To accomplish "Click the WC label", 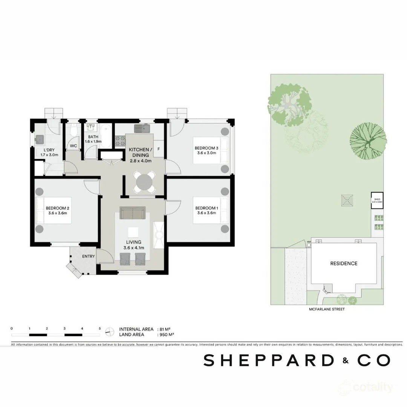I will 73,145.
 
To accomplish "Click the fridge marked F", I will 159,149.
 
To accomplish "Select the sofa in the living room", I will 133,213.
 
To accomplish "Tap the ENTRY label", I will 89,257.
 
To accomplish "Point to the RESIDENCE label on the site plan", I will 344,263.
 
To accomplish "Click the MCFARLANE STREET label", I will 327,309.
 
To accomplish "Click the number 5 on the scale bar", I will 100,329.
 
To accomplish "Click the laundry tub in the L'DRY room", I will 40,140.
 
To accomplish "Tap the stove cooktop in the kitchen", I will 120,141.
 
